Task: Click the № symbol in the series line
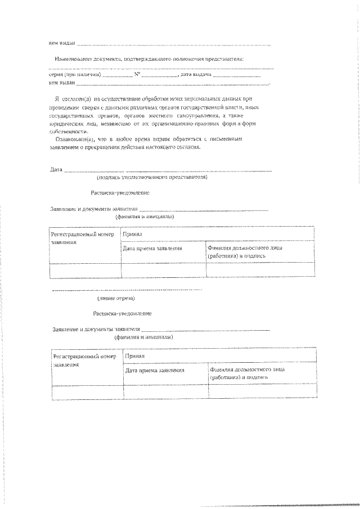[137, 74]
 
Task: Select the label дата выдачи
[196, 74]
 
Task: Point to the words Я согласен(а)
[72, 97]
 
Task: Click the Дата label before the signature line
[56, 169]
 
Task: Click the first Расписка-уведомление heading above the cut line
[120, 192]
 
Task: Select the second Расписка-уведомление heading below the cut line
[122, 313]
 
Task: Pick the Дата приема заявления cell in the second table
[154, 371]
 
